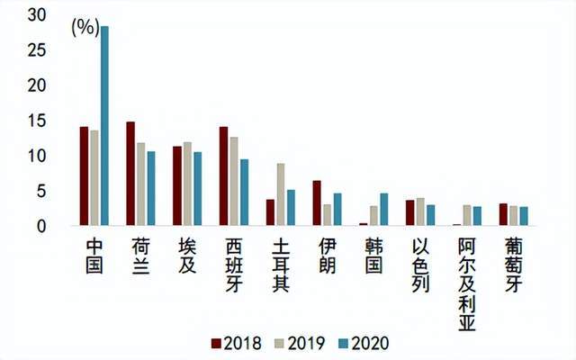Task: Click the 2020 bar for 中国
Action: [x=104, y=126]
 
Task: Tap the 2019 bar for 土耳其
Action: [x=281, y=194]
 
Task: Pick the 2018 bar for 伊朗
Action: [x=317, y=203]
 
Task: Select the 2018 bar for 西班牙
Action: [x=224, y=176]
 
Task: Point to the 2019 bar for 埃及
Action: [x=187, y=184]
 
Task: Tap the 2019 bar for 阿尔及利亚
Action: [x=466, y=216]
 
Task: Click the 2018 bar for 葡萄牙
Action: [x=503, y=215]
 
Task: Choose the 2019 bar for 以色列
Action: [x=420, y=212]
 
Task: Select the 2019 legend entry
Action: [x=298, y=343]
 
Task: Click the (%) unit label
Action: [x=84, y=27]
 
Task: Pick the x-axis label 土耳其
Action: [x=281, y=265]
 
